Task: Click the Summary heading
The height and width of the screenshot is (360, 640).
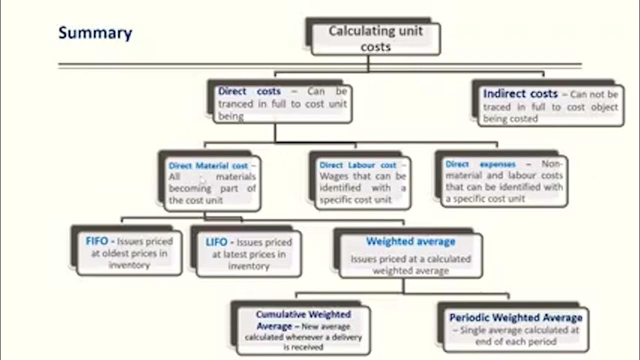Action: pos(95,33)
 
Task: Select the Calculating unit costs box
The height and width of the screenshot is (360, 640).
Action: pos(375,38)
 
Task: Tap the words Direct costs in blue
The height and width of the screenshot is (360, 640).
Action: pos(249,91)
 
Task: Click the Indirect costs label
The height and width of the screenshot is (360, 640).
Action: pos(520,93)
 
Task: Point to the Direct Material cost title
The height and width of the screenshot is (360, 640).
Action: pos(208,165)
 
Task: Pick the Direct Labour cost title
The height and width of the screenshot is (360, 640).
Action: pos(358,165)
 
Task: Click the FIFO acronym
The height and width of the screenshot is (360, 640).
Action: pos(96,241)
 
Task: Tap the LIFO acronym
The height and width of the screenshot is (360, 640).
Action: pos(216,242)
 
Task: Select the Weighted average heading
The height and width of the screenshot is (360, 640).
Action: pos(410,241)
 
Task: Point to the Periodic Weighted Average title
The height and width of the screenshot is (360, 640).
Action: pos(515,317)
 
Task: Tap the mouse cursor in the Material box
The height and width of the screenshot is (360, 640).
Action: pos(201,179)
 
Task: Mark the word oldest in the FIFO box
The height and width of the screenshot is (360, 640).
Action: pos(116,253)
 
